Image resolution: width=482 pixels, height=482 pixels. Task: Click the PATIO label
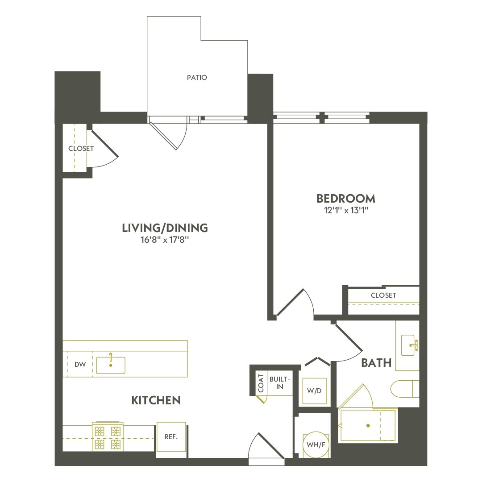(197, 78)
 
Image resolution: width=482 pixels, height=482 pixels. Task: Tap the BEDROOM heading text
(346, 198)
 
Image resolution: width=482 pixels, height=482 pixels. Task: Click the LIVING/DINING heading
(165, 228)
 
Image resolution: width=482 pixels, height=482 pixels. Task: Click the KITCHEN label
(156, 400)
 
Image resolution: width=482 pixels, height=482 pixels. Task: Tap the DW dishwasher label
(80, 365)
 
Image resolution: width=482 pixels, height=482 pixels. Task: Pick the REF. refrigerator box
(171, 437)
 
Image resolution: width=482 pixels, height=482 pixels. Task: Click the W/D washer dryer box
(314, 391)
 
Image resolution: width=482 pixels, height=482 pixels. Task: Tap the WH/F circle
(315, 445)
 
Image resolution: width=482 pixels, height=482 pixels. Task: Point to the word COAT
(261, 383)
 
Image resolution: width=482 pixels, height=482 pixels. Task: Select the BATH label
(376, 363)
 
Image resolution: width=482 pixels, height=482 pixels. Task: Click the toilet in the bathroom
(404, 389)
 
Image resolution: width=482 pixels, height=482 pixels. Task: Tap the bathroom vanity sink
(410, 346)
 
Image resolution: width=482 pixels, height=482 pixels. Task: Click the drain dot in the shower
(368, 426)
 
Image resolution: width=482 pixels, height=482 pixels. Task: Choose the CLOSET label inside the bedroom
(383, 295)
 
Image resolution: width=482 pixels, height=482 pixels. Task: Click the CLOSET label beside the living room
(81, 148)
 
